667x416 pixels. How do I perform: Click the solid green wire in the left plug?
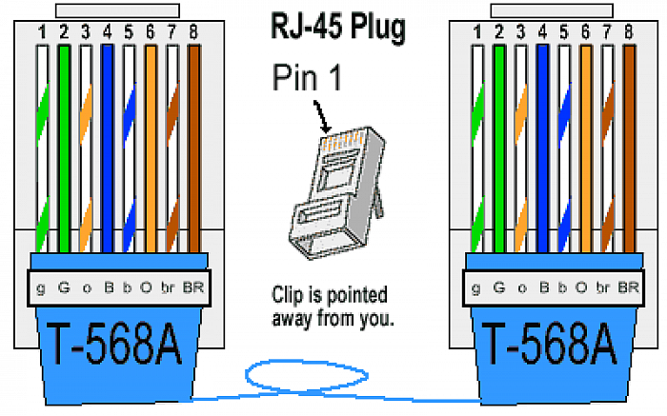(x=64, y=149)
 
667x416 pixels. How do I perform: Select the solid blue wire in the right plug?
(x=542, y=149)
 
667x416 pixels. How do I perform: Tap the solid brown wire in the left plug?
(x=194, y=149)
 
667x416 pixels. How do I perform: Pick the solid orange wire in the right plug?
(x=586, y=149)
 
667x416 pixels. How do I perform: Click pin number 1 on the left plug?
(x=42, y=31)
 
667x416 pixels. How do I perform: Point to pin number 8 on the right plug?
(x=629, y=31)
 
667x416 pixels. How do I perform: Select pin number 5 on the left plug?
(x=129, y=31)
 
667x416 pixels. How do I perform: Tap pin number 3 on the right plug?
(x=520, y=31)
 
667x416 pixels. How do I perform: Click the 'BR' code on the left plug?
(x=193, y=287)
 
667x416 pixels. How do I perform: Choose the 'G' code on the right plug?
(x=499, y=287)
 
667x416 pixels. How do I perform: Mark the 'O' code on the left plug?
(x=146, y=287)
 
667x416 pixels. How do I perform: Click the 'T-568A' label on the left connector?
(x=114, y=344)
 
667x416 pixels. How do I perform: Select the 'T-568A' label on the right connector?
(x=550, y=344)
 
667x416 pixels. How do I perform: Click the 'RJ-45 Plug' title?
(x=338, y=28)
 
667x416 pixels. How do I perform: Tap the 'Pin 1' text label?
(x=307, y=76)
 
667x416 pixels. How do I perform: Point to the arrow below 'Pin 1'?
(x=322, y=116)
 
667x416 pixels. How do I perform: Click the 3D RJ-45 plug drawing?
(x=337, y=192)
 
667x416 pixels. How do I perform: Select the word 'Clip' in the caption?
(x=287, y=294)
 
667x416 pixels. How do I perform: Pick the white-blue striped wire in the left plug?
(x=129, y=149)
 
